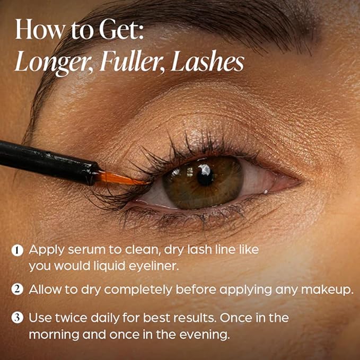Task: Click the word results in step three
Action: (182, 319)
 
